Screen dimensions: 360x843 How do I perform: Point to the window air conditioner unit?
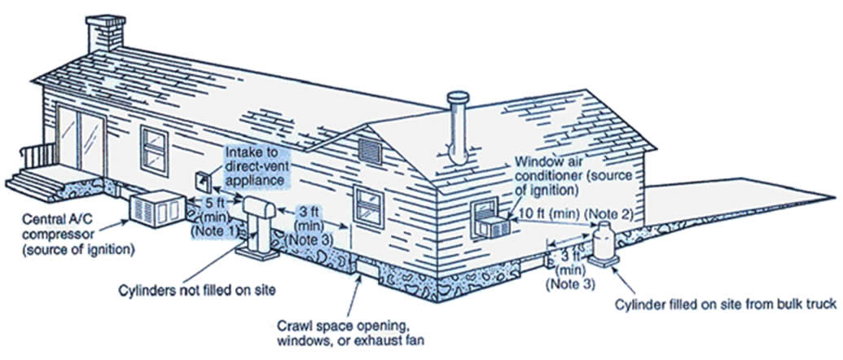coord(491,221)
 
